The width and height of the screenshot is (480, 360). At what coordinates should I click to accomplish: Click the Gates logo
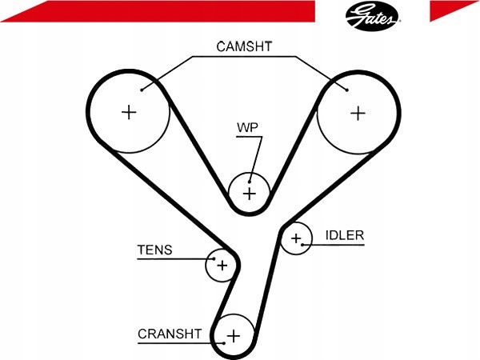point(373,16)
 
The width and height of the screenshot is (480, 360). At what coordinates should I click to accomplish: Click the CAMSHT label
point(244,46)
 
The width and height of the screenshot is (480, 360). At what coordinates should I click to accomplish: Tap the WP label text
point(247,128)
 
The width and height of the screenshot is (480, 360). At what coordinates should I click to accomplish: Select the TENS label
point(154,250)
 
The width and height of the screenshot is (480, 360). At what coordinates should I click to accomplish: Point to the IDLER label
point(345,235)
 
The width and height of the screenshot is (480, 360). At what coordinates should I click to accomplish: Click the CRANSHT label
point(170,334)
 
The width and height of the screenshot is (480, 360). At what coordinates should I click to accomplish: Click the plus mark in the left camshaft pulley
point(129,112)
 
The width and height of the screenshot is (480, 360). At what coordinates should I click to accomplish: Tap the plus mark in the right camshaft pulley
point(358,114)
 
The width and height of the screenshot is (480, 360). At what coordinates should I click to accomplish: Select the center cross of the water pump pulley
point(249,194)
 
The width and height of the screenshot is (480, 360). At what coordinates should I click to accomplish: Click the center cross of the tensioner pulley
point(222,265)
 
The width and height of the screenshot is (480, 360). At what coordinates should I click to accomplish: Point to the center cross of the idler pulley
point(296,238)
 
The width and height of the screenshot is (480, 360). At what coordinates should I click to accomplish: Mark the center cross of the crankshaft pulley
point(234,336)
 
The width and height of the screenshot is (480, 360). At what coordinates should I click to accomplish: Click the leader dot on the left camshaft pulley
point(142,90)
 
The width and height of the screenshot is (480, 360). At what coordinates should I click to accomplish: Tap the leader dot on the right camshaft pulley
point(347,90)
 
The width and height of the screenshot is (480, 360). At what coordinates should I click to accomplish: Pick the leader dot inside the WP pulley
point(250,182)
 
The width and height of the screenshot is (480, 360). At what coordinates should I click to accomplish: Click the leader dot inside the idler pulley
point(302,245)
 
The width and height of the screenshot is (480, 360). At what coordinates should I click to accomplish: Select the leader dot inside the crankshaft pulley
point(224,343)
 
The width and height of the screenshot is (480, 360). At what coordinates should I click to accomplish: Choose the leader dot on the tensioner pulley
point(214,259)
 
